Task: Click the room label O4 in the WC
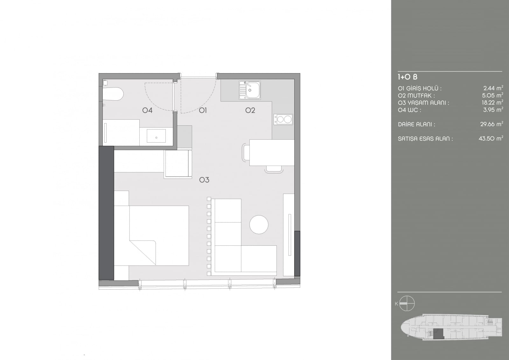point(147,110)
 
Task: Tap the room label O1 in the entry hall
point(203,110)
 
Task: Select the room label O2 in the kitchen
point(250,110)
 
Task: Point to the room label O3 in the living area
point(204,180)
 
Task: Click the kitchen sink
point(250,90)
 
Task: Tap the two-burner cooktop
point(283,119)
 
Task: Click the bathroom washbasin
point(156,136)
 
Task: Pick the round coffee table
point(259,224)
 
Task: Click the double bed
point(151,236)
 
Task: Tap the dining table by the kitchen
point(272,152)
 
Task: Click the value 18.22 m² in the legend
point(492,102)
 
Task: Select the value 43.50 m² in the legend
point(491,138)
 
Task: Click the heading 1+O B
point(408,77)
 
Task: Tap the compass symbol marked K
point(407,304)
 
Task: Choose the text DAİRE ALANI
point(416,124)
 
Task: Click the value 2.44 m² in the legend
point(493,88)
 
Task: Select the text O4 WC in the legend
point(409,110)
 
